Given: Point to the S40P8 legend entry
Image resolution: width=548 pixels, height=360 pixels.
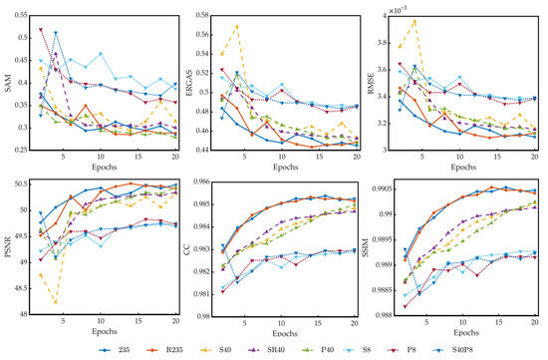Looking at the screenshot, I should [514, 350].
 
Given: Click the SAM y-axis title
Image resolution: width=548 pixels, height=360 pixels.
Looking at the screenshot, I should [7, 82].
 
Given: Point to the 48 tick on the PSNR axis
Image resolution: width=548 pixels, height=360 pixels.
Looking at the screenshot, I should [24, 313].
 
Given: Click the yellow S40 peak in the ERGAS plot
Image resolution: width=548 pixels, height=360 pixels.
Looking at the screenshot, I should [237, 26].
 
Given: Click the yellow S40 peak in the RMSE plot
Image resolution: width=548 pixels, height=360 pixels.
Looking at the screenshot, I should [414, 21].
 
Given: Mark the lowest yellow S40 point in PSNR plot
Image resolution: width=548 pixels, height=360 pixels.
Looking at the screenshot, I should [56, 301].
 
